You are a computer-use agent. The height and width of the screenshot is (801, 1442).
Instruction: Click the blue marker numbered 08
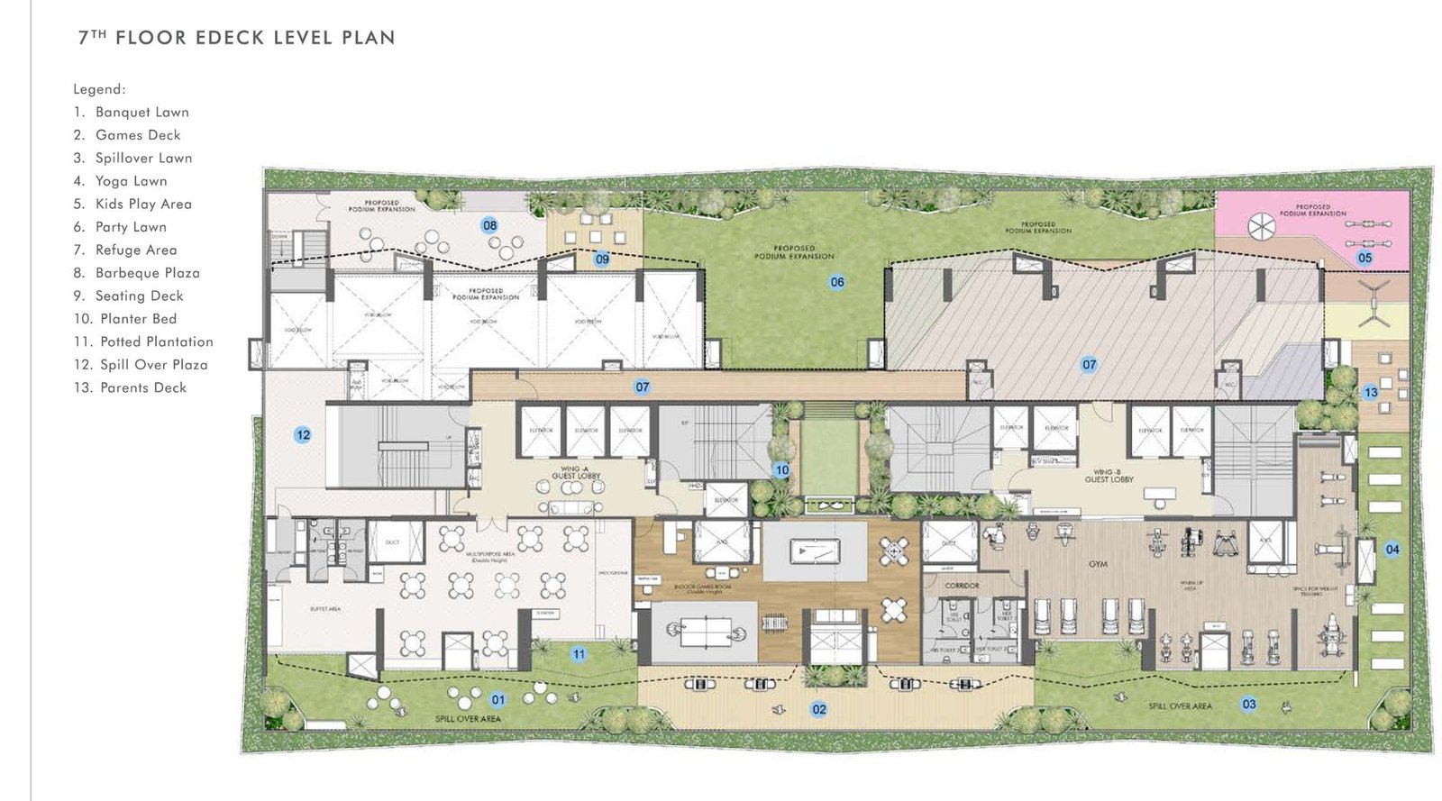[x=489, y=225]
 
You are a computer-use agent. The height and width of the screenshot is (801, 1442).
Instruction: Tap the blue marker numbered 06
[x=837, y=282]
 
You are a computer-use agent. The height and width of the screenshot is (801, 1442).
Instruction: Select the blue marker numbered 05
[x=1364, y=258]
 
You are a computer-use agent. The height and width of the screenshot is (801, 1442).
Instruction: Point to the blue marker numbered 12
[x=303, y=434]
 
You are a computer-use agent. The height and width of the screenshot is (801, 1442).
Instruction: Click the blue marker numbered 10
[x=781, y=469]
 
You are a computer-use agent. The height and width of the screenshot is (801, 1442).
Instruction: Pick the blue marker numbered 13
[x=1370, y=392]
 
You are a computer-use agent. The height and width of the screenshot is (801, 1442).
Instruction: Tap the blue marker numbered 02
[x=818, y=709]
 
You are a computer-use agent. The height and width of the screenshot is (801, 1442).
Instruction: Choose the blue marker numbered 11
[x=579, y=654]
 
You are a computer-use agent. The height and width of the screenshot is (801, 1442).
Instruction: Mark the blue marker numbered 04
[x=1392, y=549]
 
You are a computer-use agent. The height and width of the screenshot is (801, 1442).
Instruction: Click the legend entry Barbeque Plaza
[x=147, y=273]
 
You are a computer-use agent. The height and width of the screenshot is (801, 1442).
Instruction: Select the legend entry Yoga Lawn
[x=131, y=181]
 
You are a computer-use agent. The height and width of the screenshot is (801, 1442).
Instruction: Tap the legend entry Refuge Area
[x=135, y=250]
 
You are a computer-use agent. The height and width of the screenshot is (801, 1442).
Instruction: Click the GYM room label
[x=1097, y=564]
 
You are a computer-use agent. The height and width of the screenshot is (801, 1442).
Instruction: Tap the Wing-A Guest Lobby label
[x=576, y=472]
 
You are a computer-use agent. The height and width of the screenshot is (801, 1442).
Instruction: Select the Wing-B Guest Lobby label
[x=1109, y=476]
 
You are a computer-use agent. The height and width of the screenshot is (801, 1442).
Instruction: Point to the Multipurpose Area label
[x=490, y=556]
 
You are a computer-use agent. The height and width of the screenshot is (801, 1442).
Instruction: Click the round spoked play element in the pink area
[x=1262, y=227]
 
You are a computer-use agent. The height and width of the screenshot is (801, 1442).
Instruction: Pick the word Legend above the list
[x=99, y=89]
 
